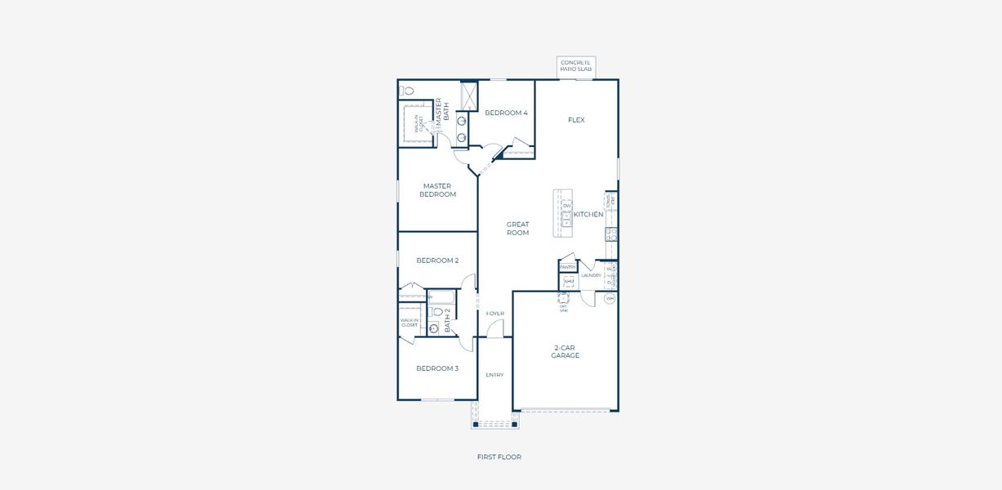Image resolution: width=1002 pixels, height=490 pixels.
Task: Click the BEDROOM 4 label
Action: [506, 113]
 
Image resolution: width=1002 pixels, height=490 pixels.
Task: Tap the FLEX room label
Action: [576, 120]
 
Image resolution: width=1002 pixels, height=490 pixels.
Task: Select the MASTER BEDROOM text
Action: [437, 190]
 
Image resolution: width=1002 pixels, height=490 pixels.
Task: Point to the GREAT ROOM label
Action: [517, 229]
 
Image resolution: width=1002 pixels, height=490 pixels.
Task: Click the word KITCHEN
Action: [588, 215]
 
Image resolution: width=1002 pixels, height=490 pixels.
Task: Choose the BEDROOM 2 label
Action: [437, 261]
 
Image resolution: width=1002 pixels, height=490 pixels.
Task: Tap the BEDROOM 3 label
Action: [437, 368]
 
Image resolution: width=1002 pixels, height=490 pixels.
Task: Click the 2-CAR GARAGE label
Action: [565, 351]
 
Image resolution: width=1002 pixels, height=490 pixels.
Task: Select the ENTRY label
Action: [494, 375]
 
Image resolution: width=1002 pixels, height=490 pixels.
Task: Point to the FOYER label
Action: [494, 314]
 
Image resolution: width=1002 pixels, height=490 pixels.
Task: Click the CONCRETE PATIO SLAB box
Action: [576, 67]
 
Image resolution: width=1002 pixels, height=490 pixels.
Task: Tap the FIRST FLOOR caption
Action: [499, 457]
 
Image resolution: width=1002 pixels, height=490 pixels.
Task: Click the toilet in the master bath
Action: [407, 91]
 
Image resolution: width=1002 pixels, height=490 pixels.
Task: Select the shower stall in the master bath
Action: [469, 96]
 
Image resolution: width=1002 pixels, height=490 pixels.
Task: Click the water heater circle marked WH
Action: [610, 299]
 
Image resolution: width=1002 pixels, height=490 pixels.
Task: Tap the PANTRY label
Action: [567, 267]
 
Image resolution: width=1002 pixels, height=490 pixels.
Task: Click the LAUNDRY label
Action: [591, 276]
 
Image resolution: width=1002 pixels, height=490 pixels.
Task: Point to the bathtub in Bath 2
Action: [441, 297]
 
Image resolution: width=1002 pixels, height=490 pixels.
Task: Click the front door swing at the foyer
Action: [494, 328]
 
